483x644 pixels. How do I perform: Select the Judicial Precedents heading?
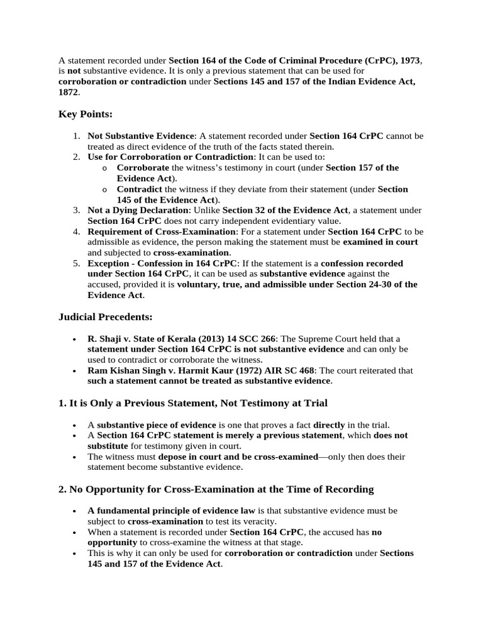pyautogui.click(x=105, y=316)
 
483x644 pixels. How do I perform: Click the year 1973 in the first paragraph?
pyautogui.click(x=409, y=60)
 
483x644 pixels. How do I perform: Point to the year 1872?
pyautogui.click(x=68, y=92)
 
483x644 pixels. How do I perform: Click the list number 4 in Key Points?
pyautogui.click(x=75, y=231)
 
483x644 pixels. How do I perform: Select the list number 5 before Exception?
pyautogui.click(x=75, y=264)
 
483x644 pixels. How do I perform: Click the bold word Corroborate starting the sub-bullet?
pyautogui.click(x=143, y=168)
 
